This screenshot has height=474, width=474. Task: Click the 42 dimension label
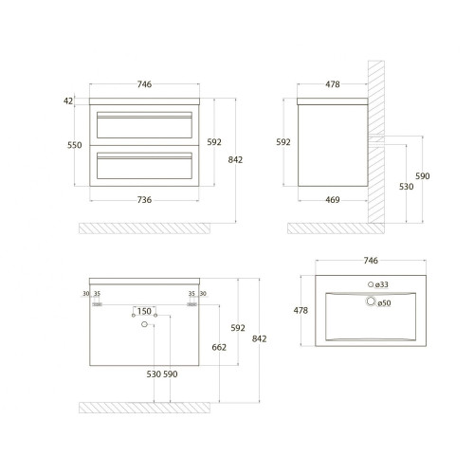pos(68,100)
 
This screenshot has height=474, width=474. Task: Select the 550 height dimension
pos(75,145)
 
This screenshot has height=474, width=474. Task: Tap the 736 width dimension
pos(144,200)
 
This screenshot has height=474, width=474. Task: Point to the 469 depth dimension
pos(333,200)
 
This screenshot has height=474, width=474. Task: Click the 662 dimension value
pos(219,347)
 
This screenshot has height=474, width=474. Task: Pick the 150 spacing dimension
pos(144,311)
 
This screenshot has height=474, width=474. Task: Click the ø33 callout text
pos(382,284)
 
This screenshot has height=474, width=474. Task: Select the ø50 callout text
pos(384,303)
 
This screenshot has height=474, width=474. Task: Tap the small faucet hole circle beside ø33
pos(371,284)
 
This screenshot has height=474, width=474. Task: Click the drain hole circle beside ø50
pos(371,301)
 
